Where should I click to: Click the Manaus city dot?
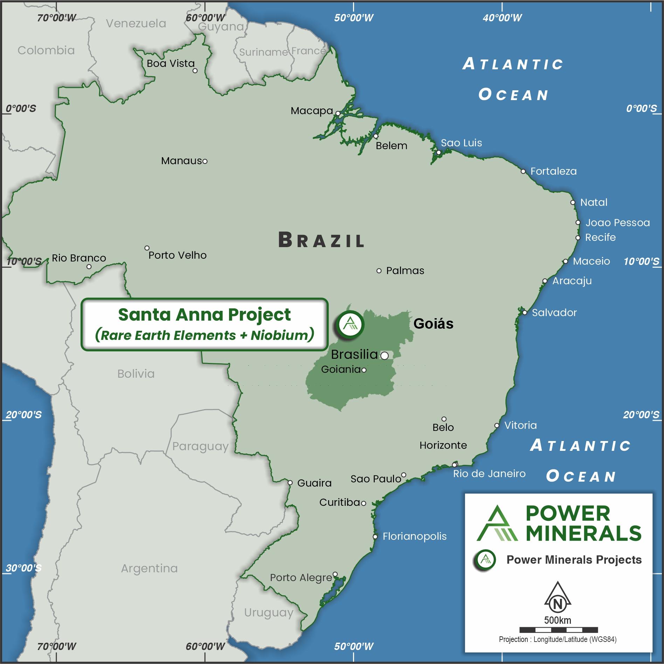205,161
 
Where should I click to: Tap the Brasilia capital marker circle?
384,356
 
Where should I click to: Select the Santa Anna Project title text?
204,314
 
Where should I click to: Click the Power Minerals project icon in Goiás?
350,324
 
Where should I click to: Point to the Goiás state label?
433,323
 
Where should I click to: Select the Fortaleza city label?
553,171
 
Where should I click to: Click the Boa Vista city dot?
195,71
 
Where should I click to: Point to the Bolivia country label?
136,374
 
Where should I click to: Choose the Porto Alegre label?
301,578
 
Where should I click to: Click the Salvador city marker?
525,313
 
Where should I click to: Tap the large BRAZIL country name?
321,240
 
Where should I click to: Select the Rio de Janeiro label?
489,474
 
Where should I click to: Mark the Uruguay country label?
269,613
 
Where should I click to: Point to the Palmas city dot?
379,271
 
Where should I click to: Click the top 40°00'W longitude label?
502,18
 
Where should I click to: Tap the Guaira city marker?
290,483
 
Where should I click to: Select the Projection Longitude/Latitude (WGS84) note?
558,639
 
